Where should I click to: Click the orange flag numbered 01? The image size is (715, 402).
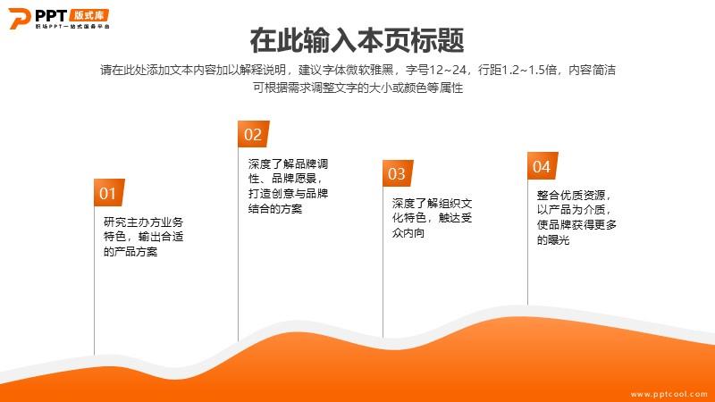(x=109, y=192)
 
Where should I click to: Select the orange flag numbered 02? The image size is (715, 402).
(x=254, y=134)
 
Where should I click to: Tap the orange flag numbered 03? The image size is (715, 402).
(x=398, y=173)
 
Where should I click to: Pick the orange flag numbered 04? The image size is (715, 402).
(x=543, y=166)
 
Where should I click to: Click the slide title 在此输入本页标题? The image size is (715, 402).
(x=357, y=40)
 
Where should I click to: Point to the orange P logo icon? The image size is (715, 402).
(x=19, y=18)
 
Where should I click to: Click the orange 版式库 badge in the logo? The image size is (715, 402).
(x=89, y=15)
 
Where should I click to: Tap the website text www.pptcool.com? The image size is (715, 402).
(x=669, y=394)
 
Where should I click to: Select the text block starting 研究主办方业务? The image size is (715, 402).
(x=143, y=237)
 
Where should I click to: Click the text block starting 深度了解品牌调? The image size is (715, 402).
(x=288, y=186)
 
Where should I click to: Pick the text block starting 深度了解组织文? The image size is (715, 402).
(x=432, y=218)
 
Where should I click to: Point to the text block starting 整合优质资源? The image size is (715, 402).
(x=576, y=217)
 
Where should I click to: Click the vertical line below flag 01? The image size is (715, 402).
(x=95, y=281)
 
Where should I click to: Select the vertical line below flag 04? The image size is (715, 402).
(x=527, y=242)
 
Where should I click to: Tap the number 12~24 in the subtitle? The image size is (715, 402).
(x=448, y=70)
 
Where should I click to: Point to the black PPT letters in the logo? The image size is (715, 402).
(x=51, y=15)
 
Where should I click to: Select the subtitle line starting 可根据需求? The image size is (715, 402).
(x=358, y=88)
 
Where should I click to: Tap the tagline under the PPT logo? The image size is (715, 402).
(x=72, y=27)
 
